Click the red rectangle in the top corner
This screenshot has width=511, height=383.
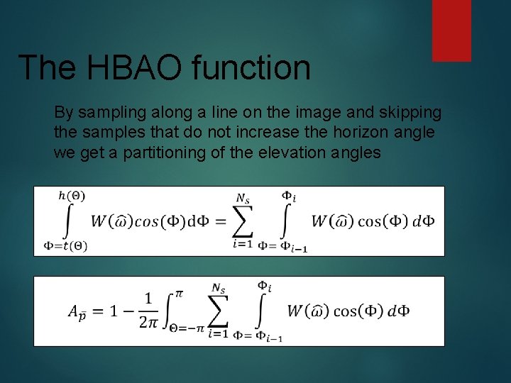tap(452, 30)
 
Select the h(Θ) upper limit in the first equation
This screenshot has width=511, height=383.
tap(71, 195)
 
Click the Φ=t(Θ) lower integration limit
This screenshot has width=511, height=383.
tap(65, 246)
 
